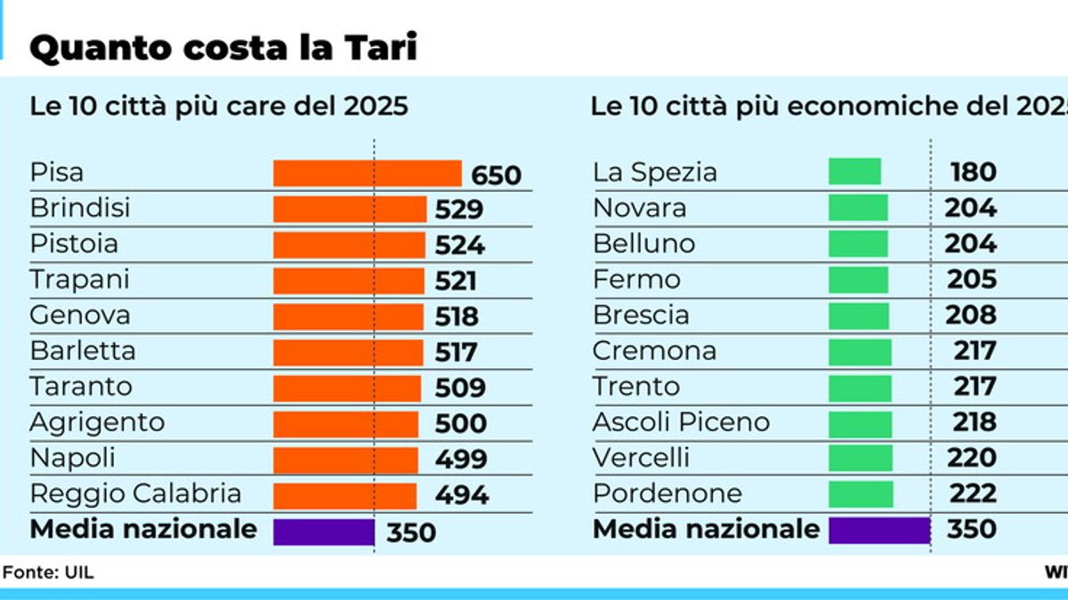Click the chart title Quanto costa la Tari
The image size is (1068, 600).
222,48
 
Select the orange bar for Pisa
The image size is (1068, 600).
367,173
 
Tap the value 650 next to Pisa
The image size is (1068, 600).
496,175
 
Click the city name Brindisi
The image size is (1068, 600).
80,208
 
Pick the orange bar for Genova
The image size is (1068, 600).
348,316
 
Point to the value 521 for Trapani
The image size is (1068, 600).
456,280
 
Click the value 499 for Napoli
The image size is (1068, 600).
460,459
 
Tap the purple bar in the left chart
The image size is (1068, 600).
323,532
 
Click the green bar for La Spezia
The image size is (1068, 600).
854,172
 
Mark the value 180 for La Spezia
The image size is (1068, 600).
973,172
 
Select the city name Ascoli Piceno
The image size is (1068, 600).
681,422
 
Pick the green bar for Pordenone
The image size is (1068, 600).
860,493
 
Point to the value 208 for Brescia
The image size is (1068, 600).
973,315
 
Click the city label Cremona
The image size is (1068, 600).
654,351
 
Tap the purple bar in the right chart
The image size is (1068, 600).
878,531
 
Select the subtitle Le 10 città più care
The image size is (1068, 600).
219,107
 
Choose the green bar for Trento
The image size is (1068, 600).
859,387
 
